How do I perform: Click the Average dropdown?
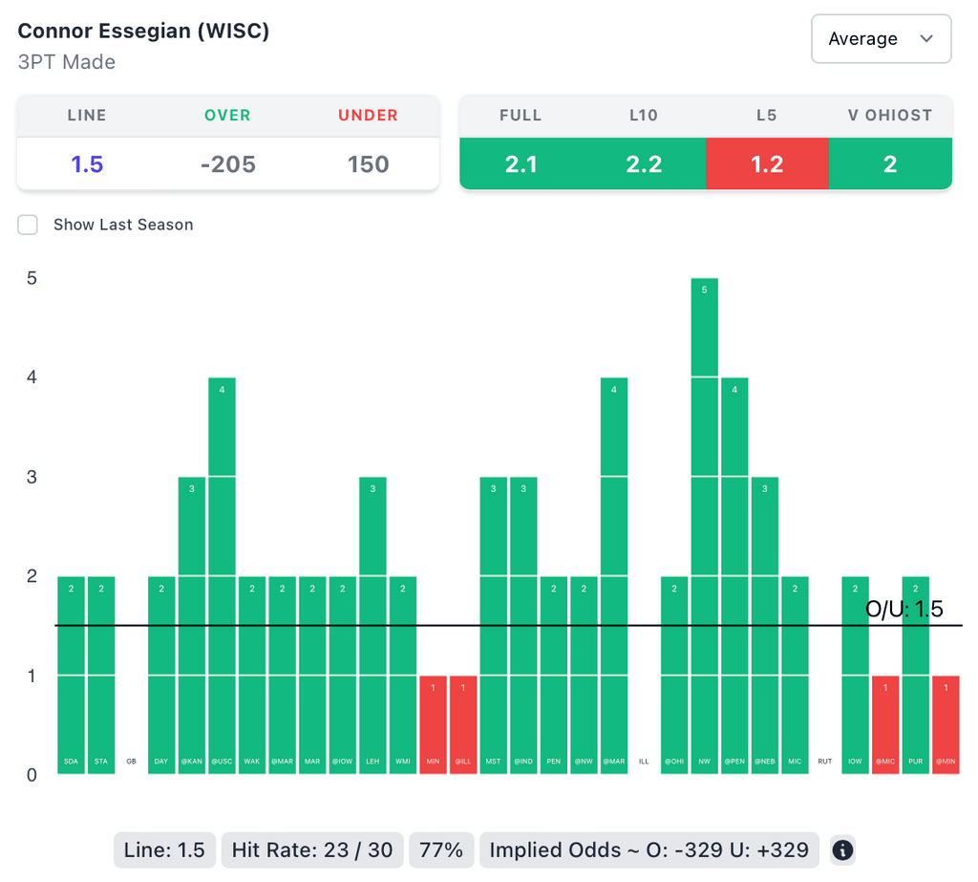click(x=881, y=39)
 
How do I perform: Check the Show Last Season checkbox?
click(x=29, y=225)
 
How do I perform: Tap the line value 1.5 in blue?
click(x=87, y=164)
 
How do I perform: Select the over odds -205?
click(x=227, y=164)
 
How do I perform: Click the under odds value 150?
click(x=368, y=164)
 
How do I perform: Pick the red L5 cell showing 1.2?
click(x=767, y=164)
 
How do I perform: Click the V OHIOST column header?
click(x=890, y=116)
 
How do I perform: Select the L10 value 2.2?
click(x=644, y=164)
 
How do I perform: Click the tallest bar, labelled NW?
click(x=705, y=526)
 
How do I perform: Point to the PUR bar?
click(x=916, y=675)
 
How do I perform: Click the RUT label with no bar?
click(x=825, y=762)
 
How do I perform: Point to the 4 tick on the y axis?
click(x=32, y=377)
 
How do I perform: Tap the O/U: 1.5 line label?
click(x=904, y=610)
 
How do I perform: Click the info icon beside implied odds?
click(x=842, y=850)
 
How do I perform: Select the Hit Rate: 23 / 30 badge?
click(x=311, y=850)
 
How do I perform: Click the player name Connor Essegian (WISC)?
click(x=144, y=31)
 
